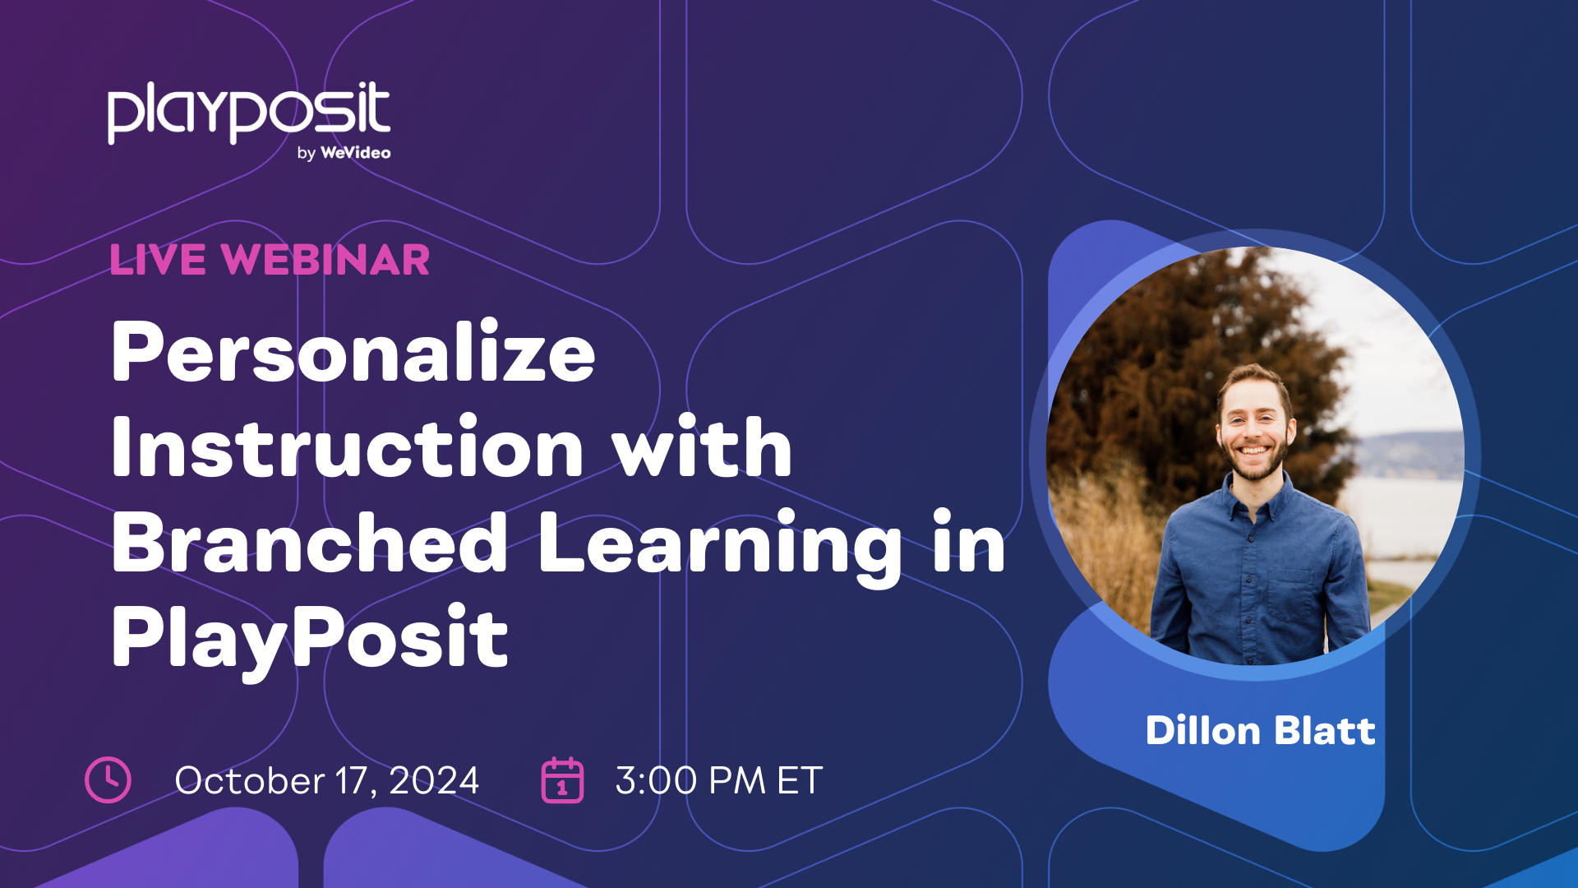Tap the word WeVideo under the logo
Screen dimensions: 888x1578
(x=355, y=153)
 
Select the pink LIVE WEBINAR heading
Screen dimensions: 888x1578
(x=270, y=260)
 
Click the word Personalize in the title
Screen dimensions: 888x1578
(x=353, y=354)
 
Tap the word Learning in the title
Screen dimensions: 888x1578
(x=720, y=544)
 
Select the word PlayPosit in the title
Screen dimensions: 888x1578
(x=310, y=638)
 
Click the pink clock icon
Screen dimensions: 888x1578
(x=108, y=779)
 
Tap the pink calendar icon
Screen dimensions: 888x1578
(x=562, y=780)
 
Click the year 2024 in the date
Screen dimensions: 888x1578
(x=434, y=780)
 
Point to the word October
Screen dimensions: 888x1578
(x=250, y=780)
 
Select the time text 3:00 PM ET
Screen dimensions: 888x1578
(x=718, y=780)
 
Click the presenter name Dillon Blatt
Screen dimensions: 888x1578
(x=1260, y=731)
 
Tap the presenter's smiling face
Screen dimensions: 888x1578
(x=1253, y=428)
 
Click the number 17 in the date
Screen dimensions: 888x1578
(x=353, y=780)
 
